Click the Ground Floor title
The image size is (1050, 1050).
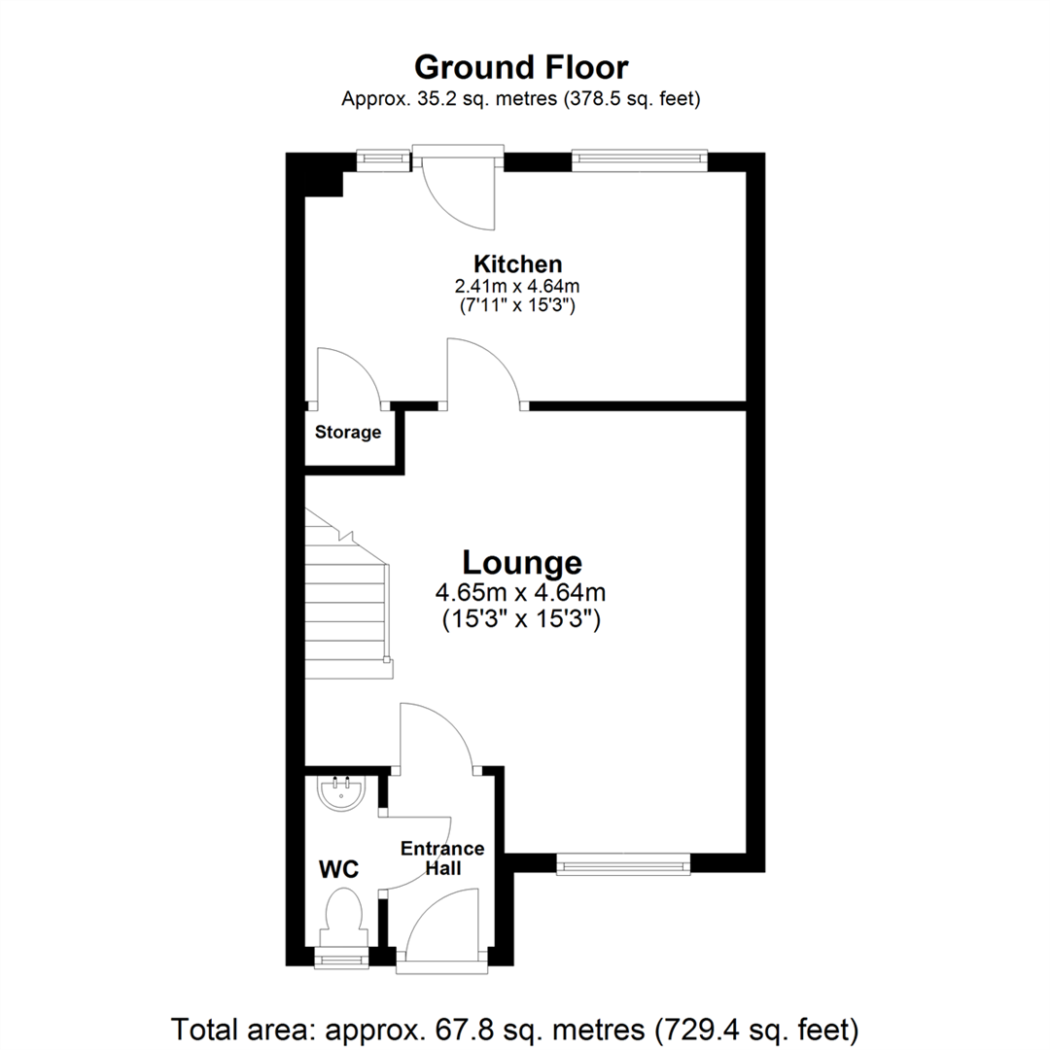(521, 67)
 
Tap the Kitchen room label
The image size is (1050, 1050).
(517, 263)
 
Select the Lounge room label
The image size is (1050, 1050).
(522, 562)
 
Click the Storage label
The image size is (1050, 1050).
(348, 433)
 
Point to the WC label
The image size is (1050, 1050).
(339, 868)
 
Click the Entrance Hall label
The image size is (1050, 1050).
(442, 857)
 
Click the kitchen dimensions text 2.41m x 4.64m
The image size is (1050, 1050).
(517, 286)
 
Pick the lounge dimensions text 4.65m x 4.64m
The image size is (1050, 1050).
(522, 592)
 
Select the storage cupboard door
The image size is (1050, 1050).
(347, 377)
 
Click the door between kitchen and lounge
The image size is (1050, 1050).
(483, 373)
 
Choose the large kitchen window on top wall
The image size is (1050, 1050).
(638, 160)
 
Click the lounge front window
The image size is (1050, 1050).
(622, 862)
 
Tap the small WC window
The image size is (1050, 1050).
(342, 959)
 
